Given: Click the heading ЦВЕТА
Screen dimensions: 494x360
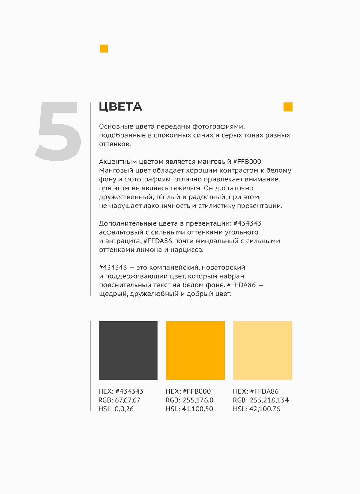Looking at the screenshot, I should (x=120, y=107).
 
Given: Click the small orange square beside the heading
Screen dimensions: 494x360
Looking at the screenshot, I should (x=288, y=107).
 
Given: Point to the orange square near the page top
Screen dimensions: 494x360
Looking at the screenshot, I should (x=104, y=49).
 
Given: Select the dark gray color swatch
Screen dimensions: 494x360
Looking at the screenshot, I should (x=128, y=350).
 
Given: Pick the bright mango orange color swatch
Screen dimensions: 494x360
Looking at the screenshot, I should (x=195, y=350).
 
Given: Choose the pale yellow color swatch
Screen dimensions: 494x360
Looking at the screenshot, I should (x=262, y=350).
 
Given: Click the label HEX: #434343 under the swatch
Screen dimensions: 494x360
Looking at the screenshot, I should (x=121, y=391).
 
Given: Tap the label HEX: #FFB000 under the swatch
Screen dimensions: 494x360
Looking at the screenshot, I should (x=188, y=391).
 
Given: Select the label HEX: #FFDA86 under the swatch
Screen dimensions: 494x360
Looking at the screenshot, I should (x=256, y=391).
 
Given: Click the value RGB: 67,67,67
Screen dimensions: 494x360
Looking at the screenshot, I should (x=119, y=400).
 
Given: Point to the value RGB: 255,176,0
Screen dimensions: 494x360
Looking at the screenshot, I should (x=189, y=400).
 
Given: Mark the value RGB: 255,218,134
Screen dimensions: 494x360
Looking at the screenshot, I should (x=261, y=400).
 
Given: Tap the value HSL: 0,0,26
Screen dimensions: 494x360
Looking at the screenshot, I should (x=116, y=409).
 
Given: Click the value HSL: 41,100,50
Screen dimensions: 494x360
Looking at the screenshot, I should (x=189, y=409).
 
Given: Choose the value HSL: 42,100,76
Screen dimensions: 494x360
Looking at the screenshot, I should (x=256, y=409).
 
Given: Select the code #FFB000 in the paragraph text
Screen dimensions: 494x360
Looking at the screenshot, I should (x=248, y=162).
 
